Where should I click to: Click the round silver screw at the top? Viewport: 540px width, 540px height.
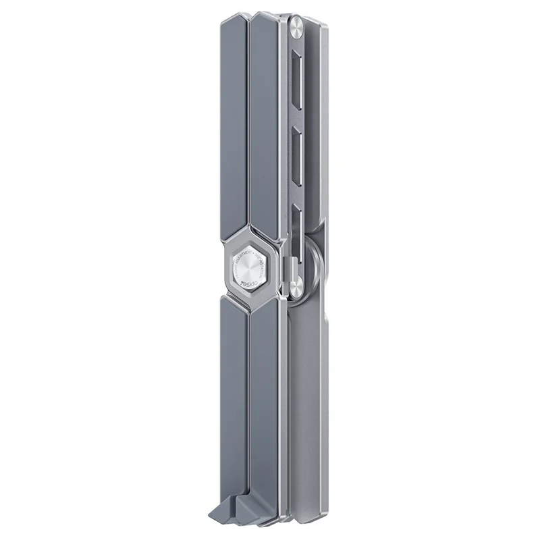point(296,28)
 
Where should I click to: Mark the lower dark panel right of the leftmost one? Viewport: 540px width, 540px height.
point(265,398)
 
